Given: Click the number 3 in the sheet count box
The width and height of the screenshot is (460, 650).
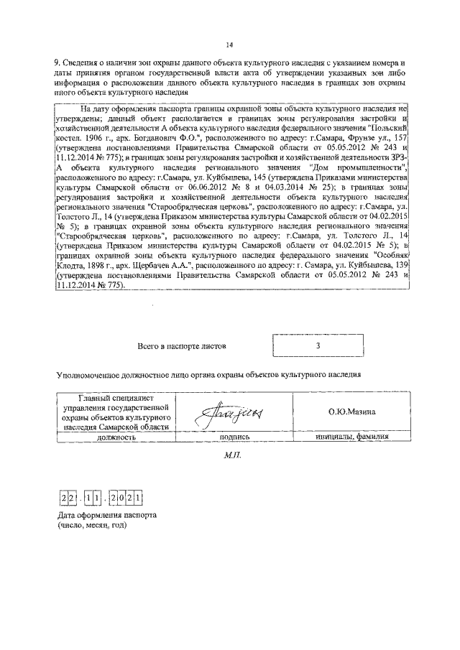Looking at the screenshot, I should pos(317,345).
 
